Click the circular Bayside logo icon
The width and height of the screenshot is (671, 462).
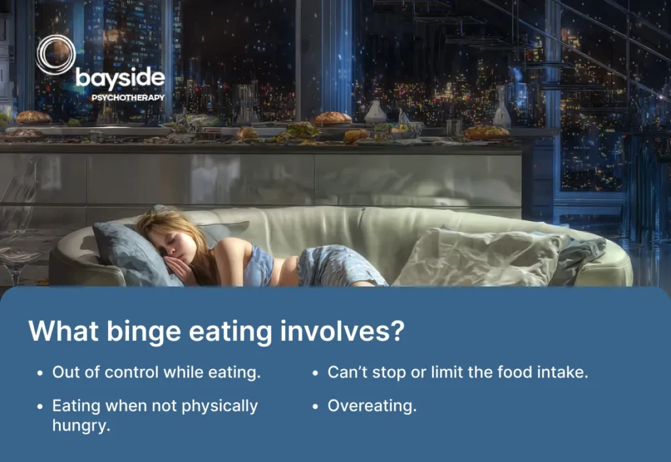click(56, 56)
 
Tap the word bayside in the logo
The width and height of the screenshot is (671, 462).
click(120, 79)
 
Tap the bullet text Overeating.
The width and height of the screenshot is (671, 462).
click(372, 406)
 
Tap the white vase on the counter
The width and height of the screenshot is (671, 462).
click(375, 113)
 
